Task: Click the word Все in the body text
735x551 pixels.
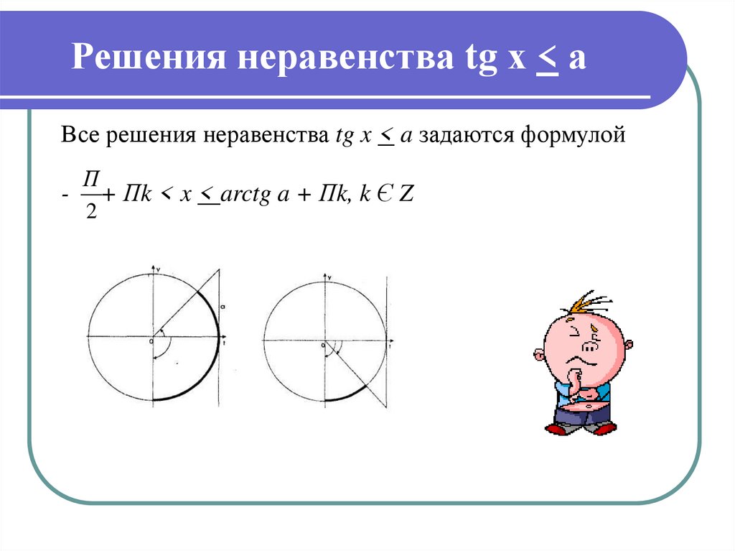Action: pyautogui.click(x=80, y=134)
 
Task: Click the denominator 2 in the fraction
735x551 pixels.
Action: pyautogui.click(x=90, y=214)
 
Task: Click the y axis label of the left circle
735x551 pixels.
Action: pyautogui.click(x=159, y=268)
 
